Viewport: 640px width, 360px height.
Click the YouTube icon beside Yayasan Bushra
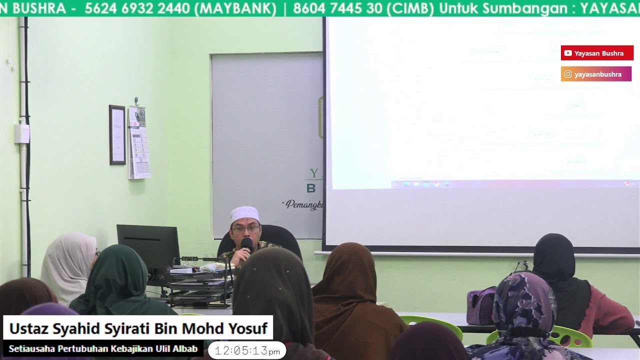[568, 53]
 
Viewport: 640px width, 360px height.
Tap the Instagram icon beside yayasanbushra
[568, 74]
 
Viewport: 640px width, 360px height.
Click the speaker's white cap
[244, 214]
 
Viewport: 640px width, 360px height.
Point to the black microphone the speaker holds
[246, 244]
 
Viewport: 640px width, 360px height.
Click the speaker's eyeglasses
[245, 229]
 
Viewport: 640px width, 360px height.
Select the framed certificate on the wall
[117, 134]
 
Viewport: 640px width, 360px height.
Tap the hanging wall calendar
[138, 142]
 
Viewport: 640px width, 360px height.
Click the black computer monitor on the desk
[148, 248]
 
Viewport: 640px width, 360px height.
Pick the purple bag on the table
[480, 306]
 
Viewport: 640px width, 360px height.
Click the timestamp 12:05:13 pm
[247, 351]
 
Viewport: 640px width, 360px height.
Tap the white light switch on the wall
[21, 133]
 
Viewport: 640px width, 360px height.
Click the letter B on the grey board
[311, 188]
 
